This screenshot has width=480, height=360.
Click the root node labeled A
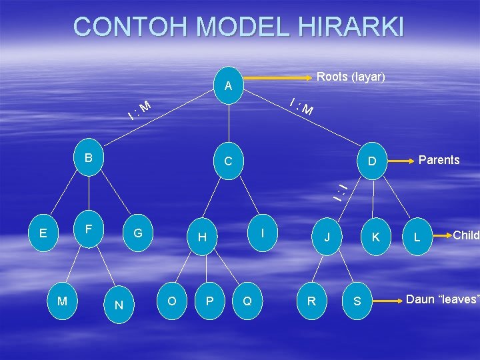228,86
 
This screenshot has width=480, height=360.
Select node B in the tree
89,158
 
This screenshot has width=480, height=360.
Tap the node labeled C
228,161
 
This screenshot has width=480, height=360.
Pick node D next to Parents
373,161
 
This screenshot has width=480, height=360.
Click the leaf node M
62,301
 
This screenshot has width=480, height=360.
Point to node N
119,305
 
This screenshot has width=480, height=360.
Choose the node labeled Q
247,301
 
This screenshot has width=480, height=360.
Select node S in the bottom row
357,301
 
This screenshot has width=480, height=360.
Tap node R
311,301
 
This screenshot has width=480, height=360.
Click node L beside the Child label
417,237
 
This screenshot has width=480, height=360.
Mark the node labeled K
376,237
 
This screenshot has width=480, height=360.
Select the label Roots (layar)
351,77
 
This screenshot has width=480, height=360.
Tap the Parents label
439,160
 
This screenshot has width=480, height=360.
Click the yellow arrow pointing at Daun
385,301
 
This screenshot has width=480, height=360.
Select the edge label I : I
341,191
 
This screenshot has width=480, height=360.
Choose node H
202,237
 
